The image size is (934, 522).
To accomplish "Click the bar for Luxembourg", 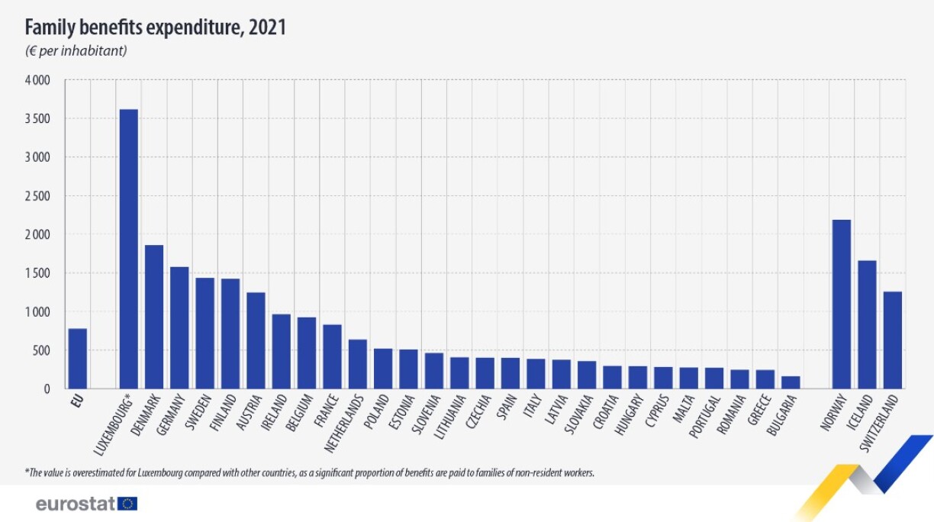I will click(x=128, y=249).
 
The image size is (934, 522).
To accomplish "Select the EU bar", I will click(x=77, y=359).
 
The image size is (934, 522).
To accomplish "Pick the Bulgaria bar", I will click(x=791, y=382).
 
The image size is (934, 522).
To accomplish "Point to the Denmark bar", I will click(x=154, y=317).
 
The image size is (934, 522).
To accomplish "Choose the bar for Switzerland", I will click(x=893, y=340).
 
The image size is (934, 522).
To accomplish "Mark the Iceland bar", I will click(x=867, y=324).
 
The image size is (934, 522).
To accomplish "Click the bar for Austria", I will click(x=256, y=340).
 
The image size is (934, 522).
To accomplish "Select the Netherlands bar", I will click(x=358, y=364).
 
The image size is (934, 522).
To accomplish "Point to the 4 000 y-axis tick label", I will click(x=37, y=80).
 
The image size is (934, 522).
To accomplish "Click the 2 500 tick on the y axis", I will click(x=37, y=196).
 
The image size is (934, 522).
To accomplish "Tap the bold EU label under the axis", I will click(x=77, y=399).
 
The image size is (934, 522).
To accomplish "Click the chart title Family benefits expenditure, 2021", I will click(x=156, y=28).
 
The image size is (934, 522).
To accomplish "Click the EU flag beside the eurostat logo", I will click(x=127, y=504).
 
